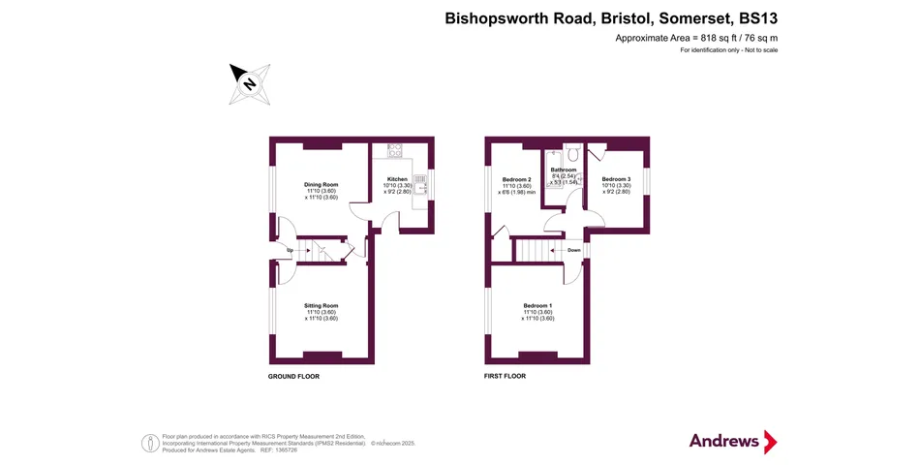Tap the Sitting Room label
(322, 305)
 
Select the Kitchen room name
(398, 179)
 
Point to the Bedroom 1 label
(538, 305)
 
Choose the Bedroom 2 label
(516, 179)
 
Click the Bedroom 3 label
(616, 179)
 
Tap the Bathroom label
(564, 170)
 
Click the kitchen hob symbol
(395, 150)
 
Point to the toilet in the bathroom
(572, 151)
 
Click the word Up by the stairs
(290, 251)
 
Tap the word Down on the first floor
(574, 249)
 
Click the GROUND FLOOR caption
(293, 376)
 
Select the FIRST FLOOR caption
(505, 376)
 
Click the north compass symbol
(249, 83)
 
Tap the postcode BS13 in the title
(758, 17)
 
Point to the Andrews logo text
(723, 441)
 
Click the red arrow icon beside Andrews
(771, 442)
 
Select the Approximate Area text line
(696, 38)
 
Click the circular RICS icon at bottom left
(151, 443)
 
